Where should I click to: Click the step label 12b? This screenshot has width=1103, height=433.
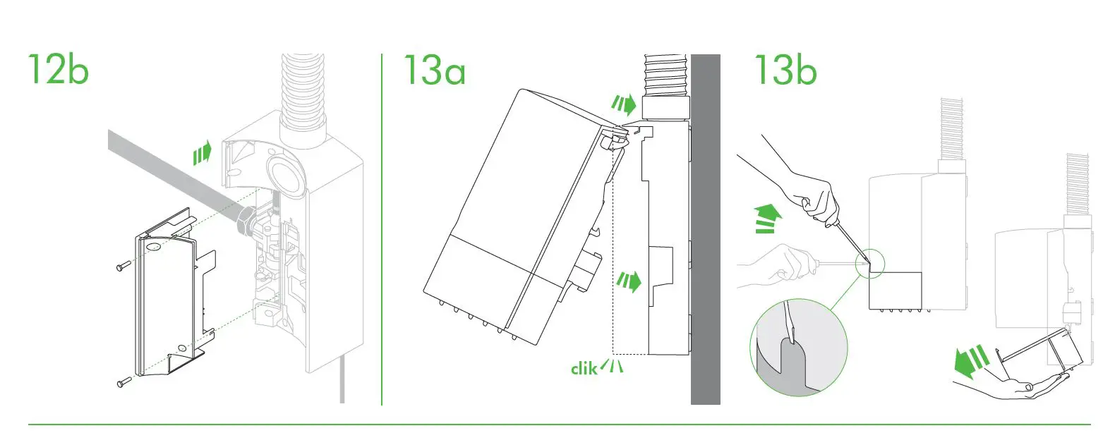coord(59,69)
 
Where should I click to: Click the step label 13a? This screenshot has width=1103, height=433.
coord(434,69)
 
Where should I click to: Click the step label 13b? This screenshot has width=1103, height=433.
coord(785,69)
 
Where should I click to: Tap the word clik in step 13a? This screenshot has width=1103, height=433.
coord(584,367)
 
